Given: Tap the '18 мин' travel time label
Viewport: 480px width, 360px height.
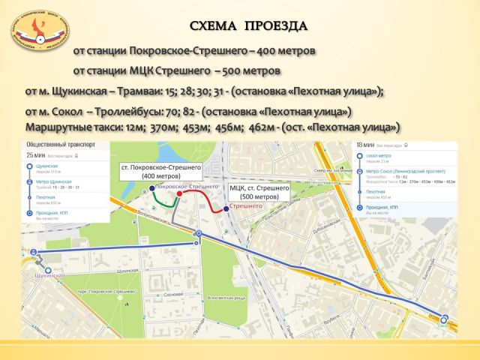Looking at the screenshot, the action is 364,144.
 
